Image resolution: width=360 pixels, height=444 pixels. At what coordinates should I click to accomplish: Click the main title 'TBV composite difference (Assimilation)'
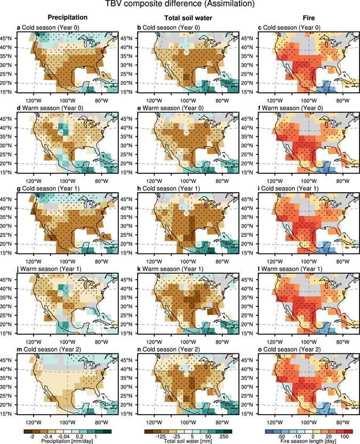tap(179, 5)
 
